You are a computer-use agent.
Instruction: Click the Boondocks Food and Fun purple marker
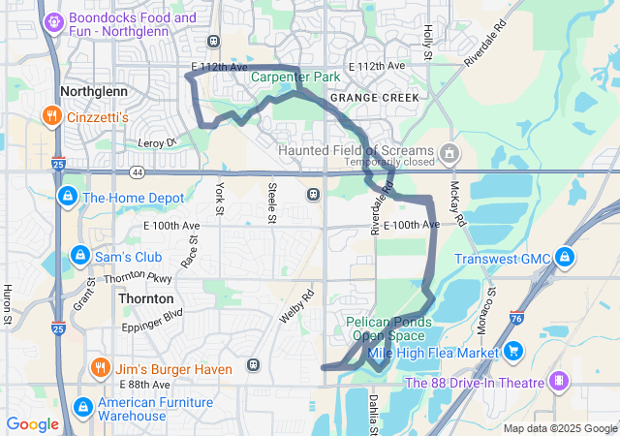pyautogui.click(x=53, y=19)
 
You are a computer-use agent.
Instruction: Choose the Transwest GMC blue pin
pyautogui.click(x=565, y=258)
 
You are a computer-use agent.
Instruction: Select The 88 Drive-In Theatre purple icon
pyautogui.click(x=558, y=382)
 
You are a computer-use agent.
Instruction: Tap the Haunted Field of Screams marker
pyautogui.click(x=449, y=152)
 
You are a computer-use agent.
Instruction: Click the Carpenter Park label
pyautogui.click(x=295, y=76)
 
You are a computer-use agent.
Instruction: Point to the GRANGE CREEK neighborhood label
pyautogui.click(x=374, y=98)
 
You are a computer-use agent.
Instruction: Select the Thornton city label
pyautogui.click(x=146, y=299)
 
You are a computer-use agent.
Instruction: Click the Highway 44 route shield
pyautogui.click(x=138, y=171)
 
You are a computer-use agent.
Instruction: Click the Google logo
pyautogui.click(x=33, y=423)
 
